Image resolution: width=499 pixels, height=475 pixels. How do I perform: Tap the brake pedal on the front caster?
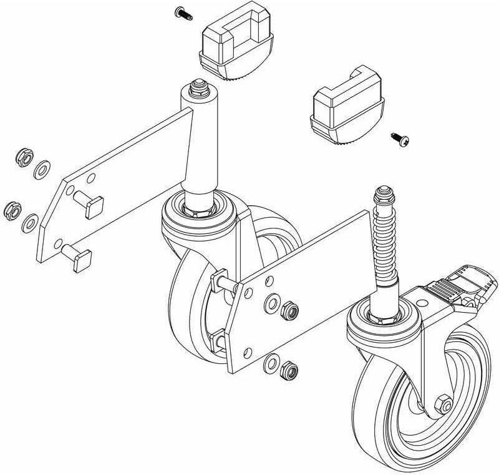coord(443,288)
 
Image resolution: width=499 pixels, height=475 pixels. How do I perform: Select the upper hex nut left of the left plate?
coord(23,158)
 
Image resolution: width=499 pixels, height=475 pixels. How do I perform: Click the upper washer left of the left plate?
coord(42,169)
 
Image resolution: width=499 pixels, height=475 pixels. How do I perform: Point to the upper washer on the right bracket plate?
coord(272,303)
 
